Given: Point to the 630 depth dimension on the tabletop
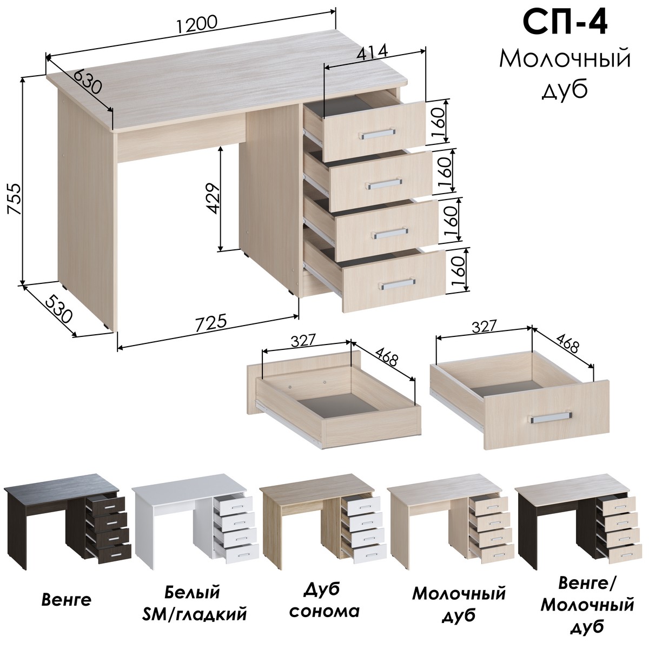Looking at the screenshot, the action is point(87,81).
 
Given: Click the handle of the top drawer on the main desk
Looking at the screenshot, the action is point(377,134).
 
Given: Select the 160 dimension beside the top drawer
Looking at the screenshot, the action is point(438,122).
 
